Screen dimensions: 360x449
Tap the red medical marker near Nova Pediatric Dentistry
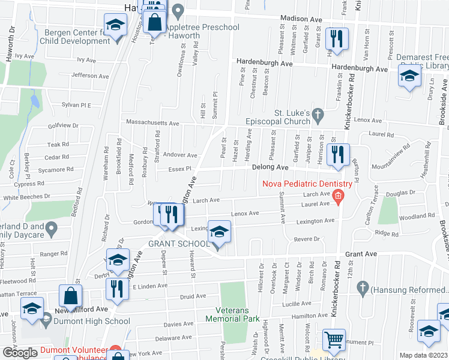339,195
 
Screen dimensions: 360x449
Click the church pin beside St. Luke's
319,113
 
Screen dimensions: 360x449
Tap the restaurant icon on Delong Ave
338,154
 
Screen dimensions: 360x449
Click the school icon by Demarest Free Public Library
410,76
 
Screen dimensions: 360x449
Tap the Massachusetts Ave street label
152,123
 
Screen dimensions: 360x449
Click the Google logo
20,353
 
